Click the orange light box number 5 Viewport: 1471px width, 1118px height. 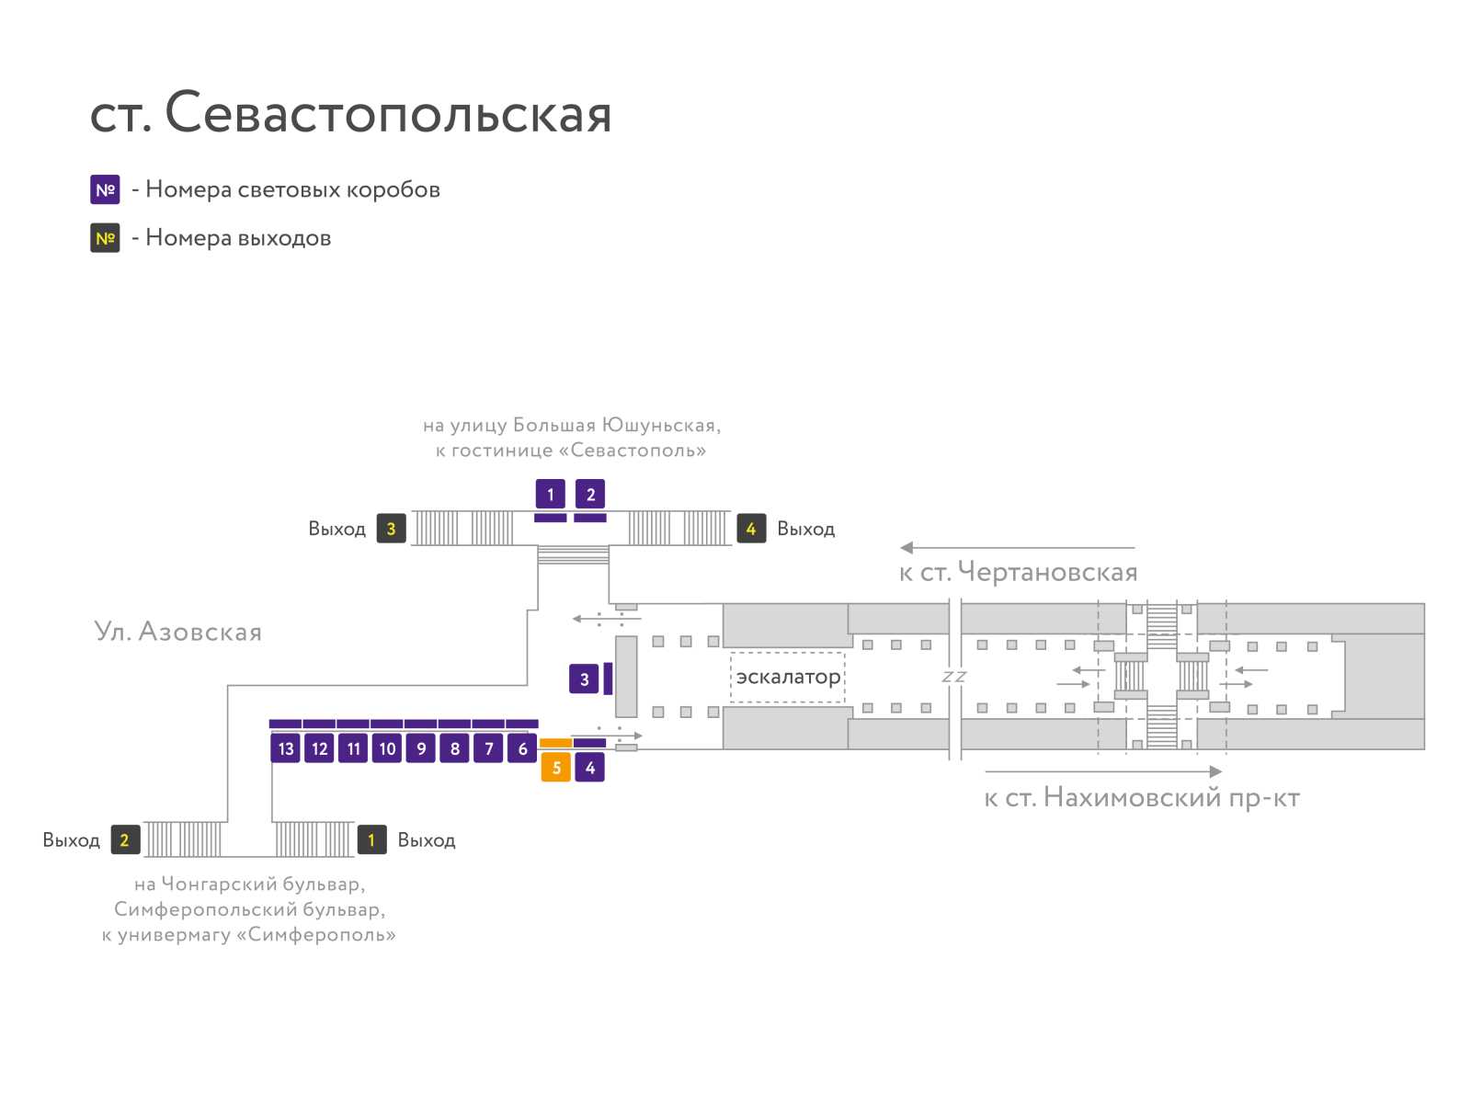pyautogui.click(x=555, y=768)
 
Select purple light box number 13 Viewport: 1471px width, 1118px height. pyautogui.click(x=286, y=748)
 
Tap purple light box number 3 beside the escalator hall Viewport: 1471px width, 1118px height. pyautogui.click(x=584, y=679)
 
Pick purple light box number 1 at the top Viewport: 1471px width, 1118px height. pyautogui.click(x=550, y=495)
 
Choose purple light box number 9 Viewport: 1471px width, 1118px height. pyautogui.click(x=421, y=748)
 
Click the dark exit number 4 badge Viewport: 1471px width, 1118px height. pyautogui.click(x=751, y=529)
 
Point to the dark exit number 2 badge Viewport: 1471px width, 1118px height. pyautogui.click(x=125, y=839)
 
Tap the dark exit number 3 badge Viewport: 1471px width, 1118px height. pyautogui.click(x=391, y=529)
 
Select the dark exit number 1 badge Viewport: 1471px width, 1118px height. pyautogui.click(x=372, y=839)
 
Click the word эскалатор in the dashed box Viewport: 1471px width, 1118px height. pyautogui.click(x=788, y=678)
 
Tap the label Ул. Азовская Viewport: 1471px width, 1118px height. pyautogui.click(x=177, y=632)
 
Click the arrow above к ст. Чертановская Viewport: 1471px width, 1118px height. pyautogui.click(x=1017, y=547)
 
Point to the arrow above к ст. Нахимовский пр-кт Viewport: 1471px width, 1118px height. pyautogui.click(x=1103, y=771)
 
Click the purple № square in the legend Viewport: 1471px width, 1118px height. pyautogui.click(x=105, y=189)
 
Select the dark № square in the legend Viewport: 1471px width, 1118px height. pyautogui.click(x=105, y=238)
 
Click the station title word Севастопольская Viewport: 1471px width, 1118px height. pyautogui.click(x=387, y=112)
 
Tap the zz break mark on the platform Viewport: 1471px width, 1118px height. pyautogui.click(x=953, y=677)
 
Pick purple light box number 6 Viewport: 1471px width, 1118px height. pyautogui.click(x=522, y=748)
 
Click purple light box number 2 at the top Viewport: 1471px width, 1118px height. pyautogui.click(x=590, y=495)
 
